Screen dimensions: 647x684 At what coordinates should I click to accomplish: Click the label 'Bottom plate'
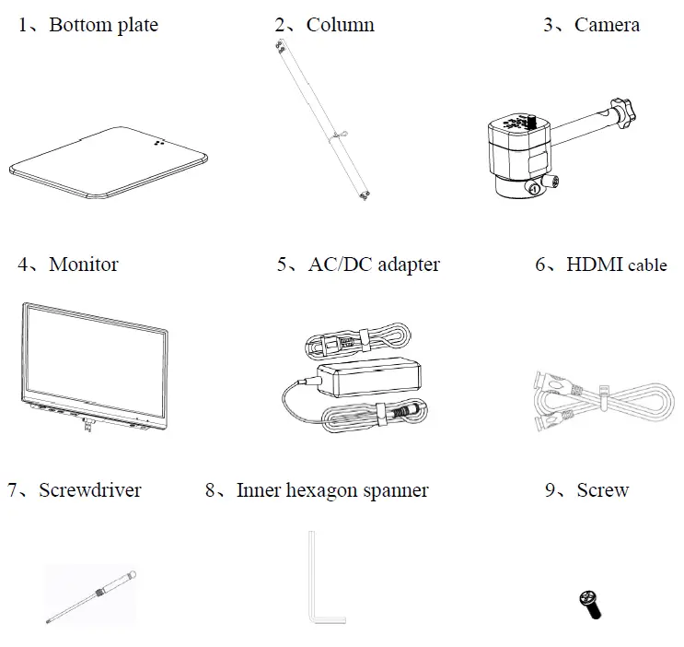click(103, 25)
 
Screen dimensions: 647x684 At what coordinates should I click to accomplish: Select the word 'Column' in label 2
click(340, 25)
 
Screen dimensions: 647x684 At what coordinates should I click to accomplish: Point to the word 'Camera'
click(607, 25)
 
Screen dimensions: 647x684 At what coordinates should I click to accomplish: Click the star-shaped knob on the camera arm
click(627, 115)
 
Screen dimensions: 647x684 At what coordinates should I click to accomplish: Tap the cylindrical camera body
click(516, 152)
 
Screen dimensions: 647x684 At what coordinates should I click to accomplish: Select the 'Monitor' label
click(83, 265)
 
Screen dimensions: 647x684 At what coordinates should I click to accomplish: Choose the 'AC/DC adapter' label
click(373, 265)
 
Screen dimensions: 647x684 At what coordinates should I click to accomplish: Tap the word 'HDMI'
click(595, 265)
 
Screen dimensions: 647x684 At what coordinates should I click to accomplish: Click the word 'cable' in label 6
click(648, 265)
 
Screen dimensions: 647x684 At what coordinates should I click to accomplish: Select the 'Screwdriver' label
click(90, 489)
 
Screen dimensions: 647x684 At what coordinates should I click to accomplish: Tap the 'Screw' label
click(602, 489)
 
